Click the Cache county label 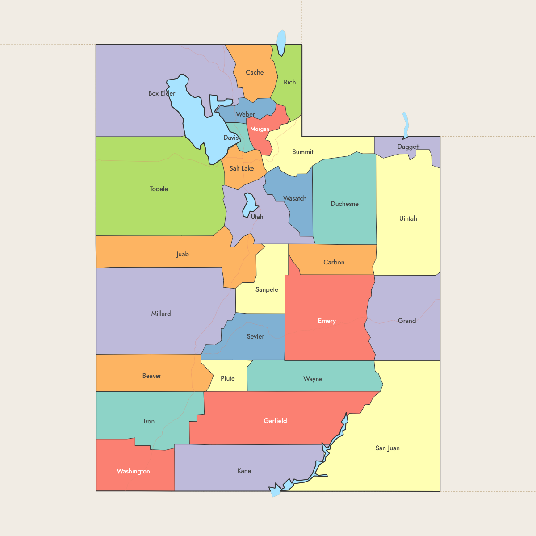(x=255, y=72)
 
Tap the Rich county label (x=289, y=82)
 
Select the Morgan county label (x=260, y=129)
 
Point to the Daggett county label (x=408, y=147)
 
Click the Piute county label (x=227, y=378)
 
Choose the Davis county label (x=231, y=138)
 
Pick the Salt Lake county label (x=241, y=168)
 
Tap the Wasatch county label (x=295, y=198)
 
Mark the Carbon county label (x=334, y=262)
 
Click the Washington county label (x=133, y=471)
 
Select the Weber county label (x=245, y=114)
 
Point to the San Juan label (x=387, y=448)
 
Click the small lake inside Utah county (x=249, y=205)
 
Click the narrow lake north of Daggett (x=406, y=125)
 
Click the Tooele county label (x=159, y=189)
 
